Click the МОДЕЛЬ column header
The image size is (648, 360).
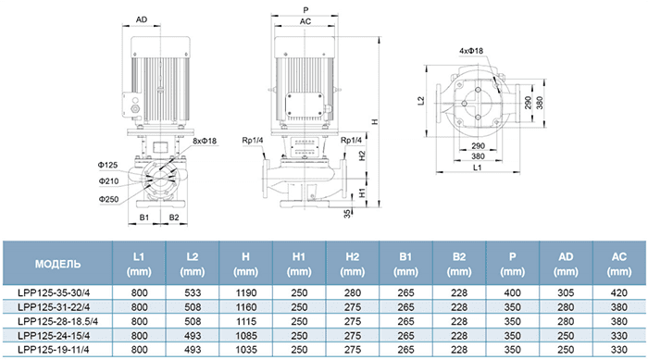pyautogui.click(x=57, y=264)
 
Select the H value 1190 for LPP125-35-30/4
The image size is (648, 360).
pyautogui.click(x=246, y=293)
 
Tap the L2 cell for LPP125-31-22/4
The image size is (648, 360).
pyautogui.click(x=193, y=307)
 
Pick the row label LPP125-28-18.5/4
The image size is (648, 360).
pyautogui.click(x=57, y=321)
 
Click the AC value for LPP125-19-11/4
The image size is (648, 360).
pyautogui.click(x=619, y=350)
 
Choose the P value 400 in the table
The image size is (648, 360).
pyautogui.click(x=513, y=293)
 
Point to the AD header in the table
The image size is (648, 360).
pyautogui.click(x=566, y=264)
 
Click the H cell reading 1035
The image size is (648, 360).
pyautogui.click(x=246, y=350)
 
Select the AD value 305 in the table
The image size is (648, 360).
pyautogui.click(x=566, y=293)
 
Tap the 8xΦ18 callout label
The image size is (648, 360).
pyautogui.click(x=205, y=141)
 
